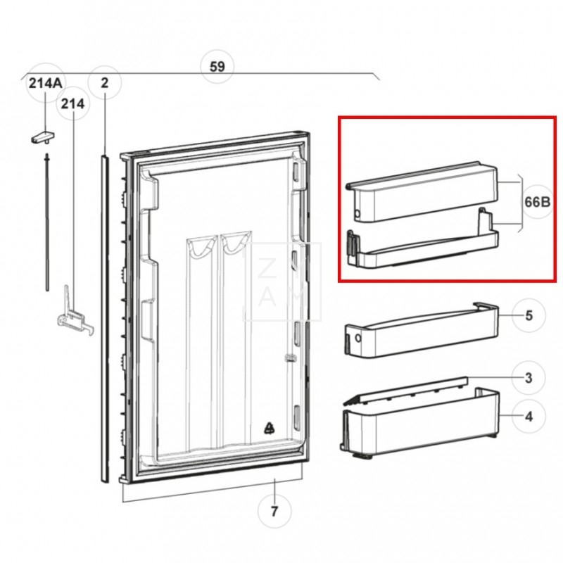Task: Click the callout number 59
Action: [217, 67]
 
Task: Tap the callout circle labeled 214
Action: [72, 104]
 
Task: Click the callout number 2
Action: [105, 84]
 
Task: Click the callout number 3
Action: [529, 378]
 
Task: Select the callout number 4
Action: [529, 416]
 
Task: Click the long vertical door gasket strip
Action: [105, 317]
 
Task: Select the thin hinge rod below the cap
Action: [46, 218]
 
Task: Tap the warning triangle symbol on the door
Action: [270, 427]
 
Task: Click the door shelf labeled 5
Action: [422, 334]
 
